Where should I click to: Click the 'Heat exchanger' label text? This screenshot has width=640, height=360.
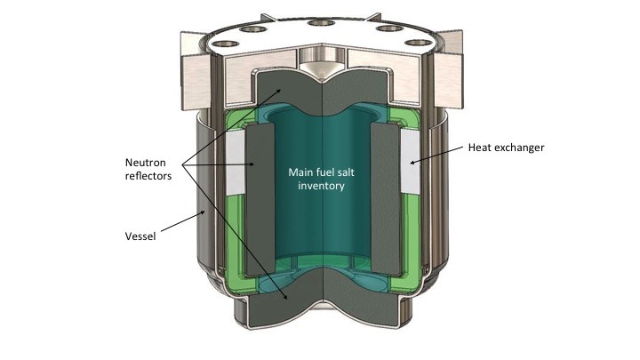pyautogui.click(x=506, y=148)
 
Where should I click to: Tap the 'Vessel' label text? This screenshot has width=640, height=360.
pyautogui.click(x=140, y=236)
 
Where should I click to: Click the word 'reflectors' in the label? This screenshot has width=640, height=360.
pyautogui.click(x=148, y=176)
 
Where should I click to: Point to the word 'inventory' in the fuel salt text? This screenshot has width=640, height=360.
pyautogui.click(x=321, y=186)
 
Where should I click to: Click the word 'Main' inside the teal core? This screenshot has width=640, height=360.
pyautogui.click(x=297, y=172)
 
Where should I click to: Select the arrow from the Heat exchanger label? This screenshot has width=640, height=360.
pyautogui.click(x=436, y=155)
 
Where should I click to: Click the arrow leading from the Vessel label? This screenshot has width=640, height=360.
pyautogui.click(x=183, y=221)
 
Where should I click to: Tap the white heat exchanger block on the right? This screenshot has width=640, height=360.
pyautogui.click(x=410, y=162)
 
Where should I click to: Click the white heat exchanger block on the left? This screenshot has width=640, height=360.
pyautogui.click(x=235, y=163)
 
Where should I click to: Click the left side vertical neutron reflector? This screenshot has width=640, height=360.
pyautogui.click(x=260, y=199)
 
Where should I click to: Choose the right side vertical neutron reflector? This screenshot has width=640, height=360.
pyautogui.click(x=386, y=199)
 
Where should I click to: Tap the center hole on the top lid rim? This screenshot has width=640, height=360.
pyautogui.click(x=322, y=22)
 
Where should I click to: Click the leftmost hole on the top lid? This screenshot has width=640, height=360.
pyautogui.click(x=226, y=44)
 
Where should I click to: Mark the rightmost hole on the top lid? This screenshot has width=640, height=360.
pyautogui.click(x=418, y=43)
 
